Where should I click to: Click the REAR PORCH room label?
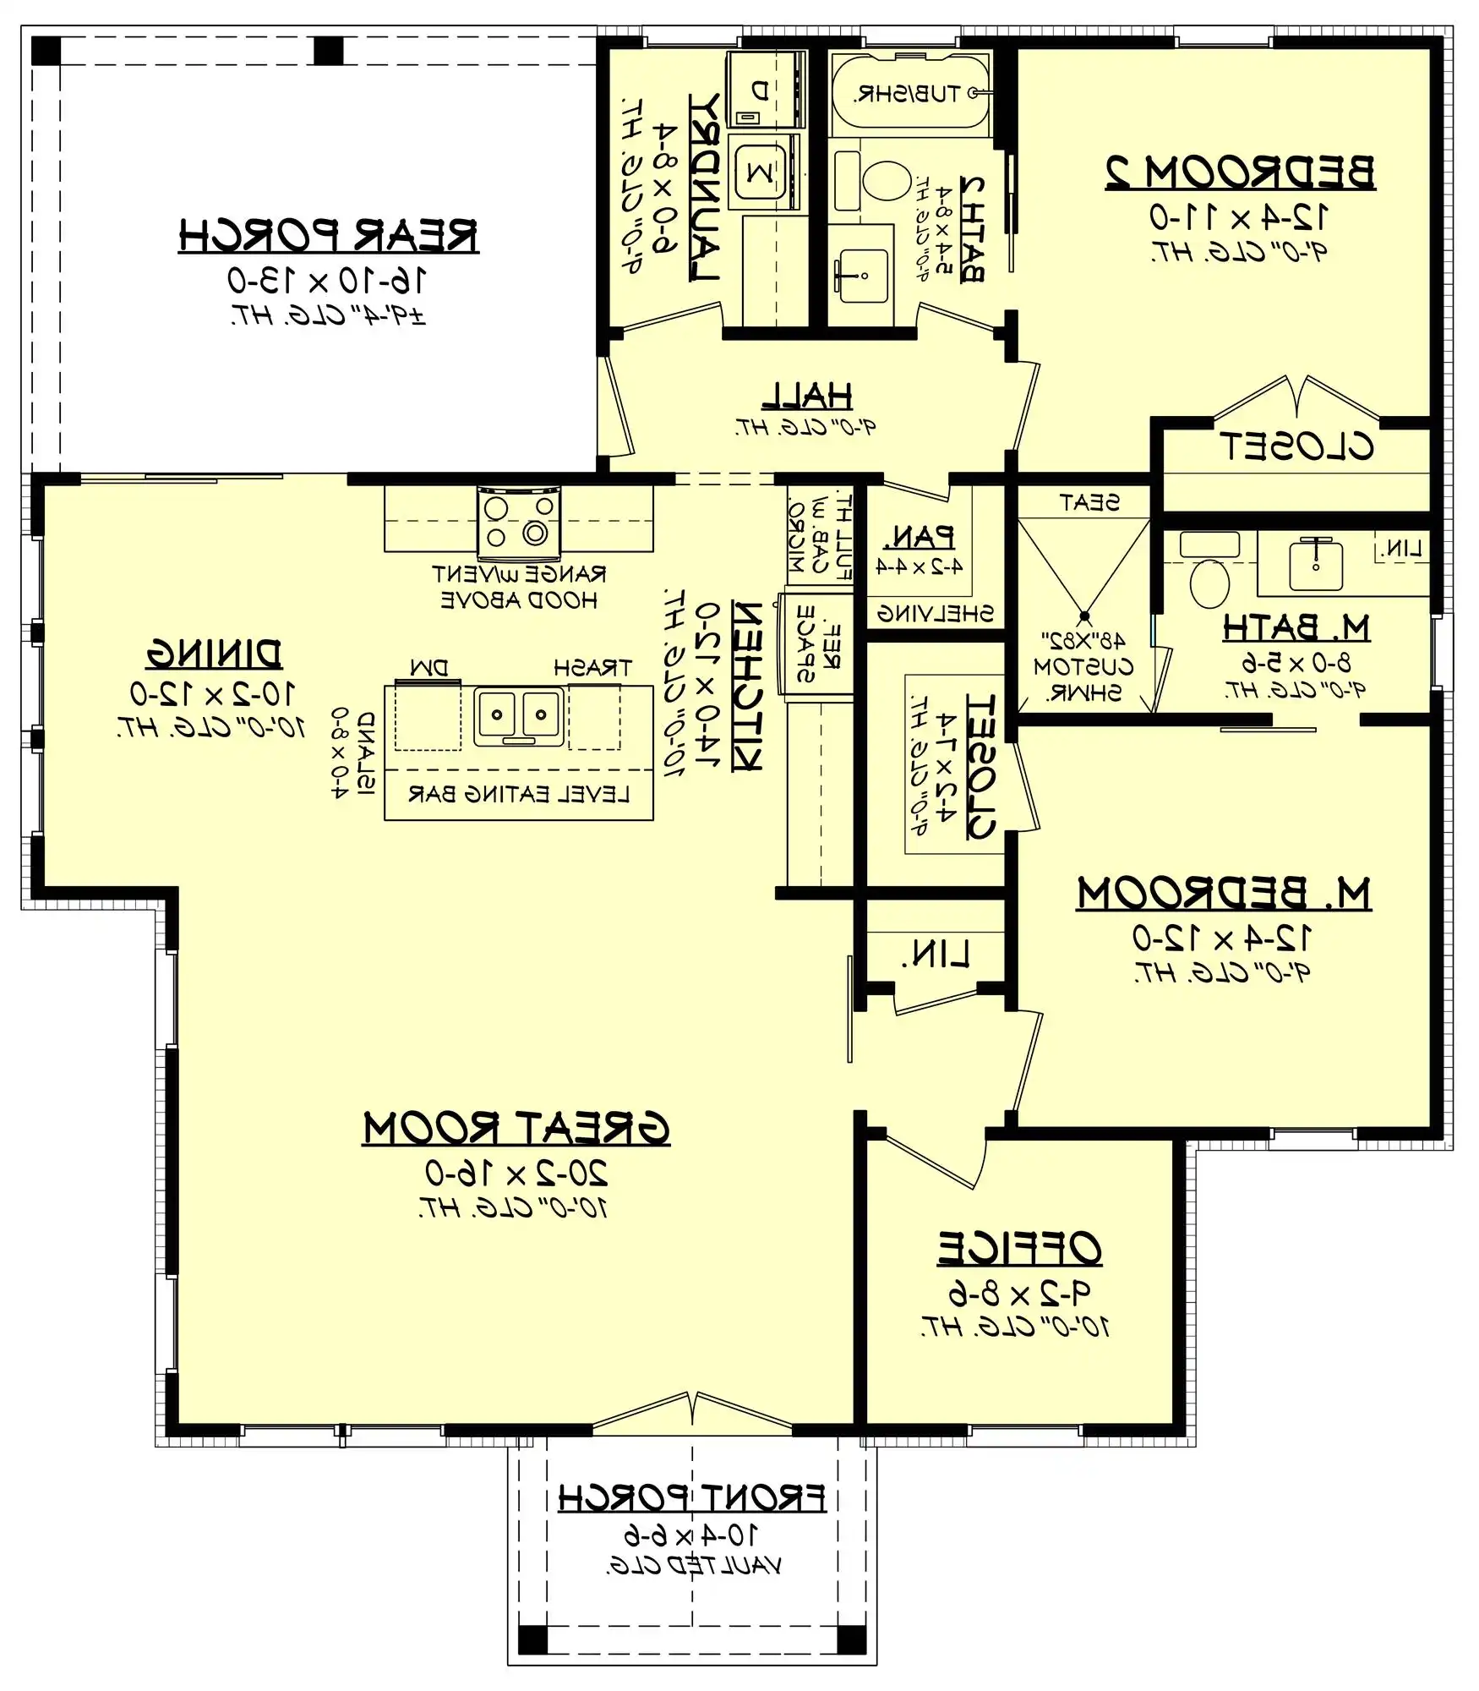[x=328, y=236]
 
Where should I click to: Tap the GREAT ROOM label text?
[x=516, y=1129]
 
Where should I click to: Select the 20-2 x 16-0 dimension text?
[x=516, y=1174]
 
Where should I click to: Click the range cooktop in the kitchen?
[x=518, y=523]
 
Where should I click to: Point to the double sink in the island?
[x=518, y=715]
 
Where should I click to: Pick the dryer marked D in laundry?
[x=760, y=89]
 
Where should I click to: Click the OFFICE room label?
[x=1019, y=1248]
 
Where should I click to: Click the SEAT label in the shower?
[x=1089, y=503]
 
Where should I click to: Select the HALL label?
[x=807, y=395]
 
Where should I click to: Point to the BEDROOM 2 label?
[x=1240, y=172]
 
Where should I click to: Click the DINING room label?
[x=213, y=654]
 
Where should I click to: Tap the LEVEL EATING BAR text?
[x=518, y=794]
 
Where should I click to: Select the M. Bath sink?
[x=1315, y=565]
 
